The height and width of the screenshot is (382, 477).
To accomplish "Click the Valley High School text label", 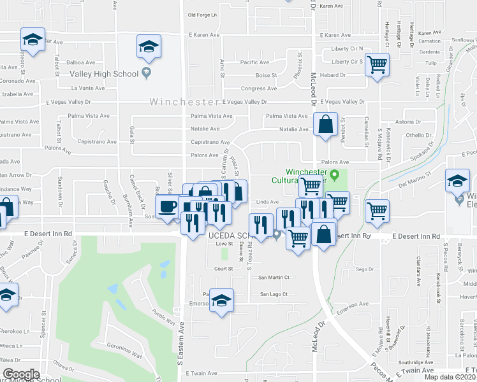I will pos(103,74).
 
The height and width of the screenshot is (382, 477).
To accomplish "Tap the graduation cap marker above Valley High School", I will pos(149,46).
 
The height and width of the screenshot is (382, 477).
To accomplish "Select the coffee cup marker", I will pos(168,206).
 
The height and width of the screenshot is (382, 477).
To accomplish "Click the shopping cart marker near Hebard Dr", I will pos(378,64).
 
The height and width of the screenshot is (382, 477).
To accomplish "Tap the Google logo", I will pos(21,374).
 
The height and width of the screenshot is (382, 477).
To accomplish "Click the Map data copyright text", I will pos(450,377).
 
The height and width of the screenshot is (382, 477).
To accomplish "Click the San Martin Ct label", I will pos(274,278).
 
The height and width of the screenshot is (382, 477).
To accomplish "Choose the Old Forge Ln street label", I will pos(203,15).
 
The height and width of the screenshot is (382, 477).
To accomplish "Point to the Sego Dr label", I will pos(363,269).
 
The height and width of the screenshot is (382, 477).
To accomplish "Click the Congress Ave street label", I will pos(258,88).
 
